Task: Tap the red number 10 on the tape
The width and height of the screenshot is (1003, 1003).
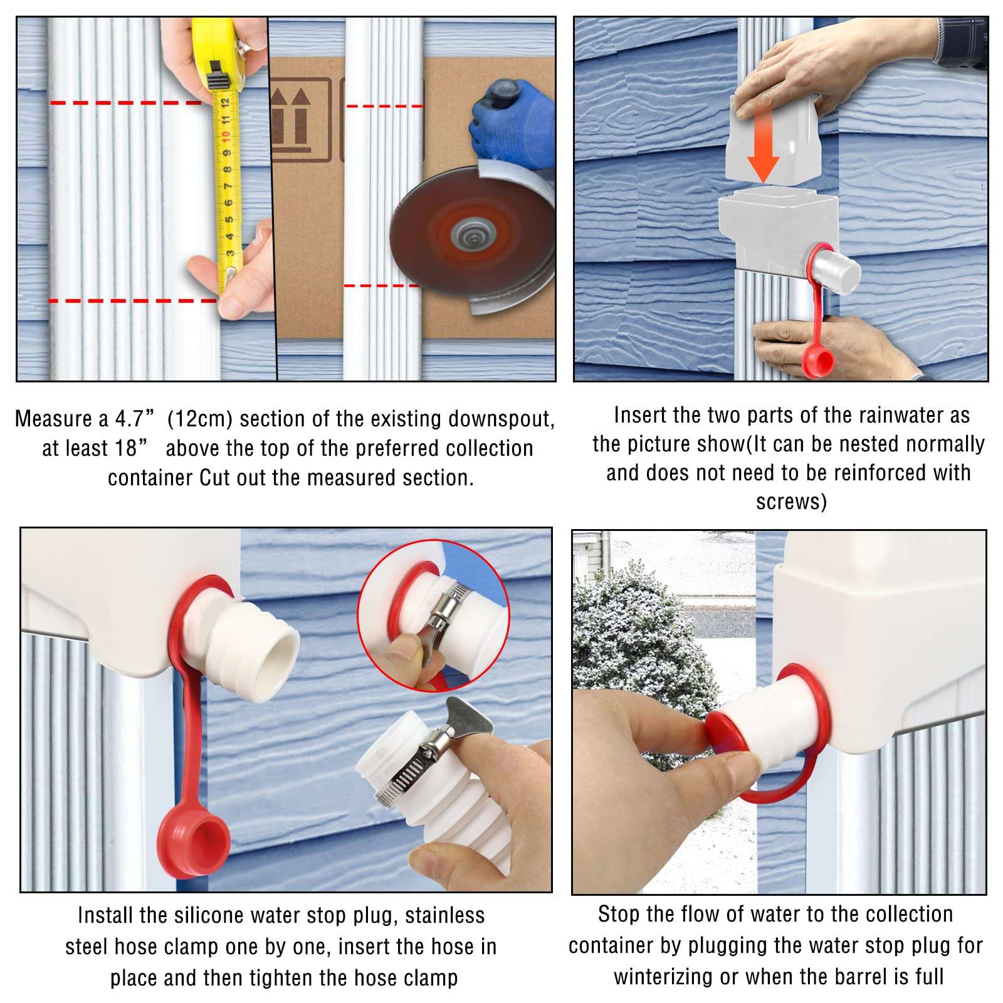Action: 226,134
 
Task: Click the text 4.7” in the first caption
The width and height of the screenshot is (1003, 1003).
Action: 135,419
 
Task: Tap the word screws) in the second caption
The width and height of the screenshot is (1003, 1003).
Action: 791,502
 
